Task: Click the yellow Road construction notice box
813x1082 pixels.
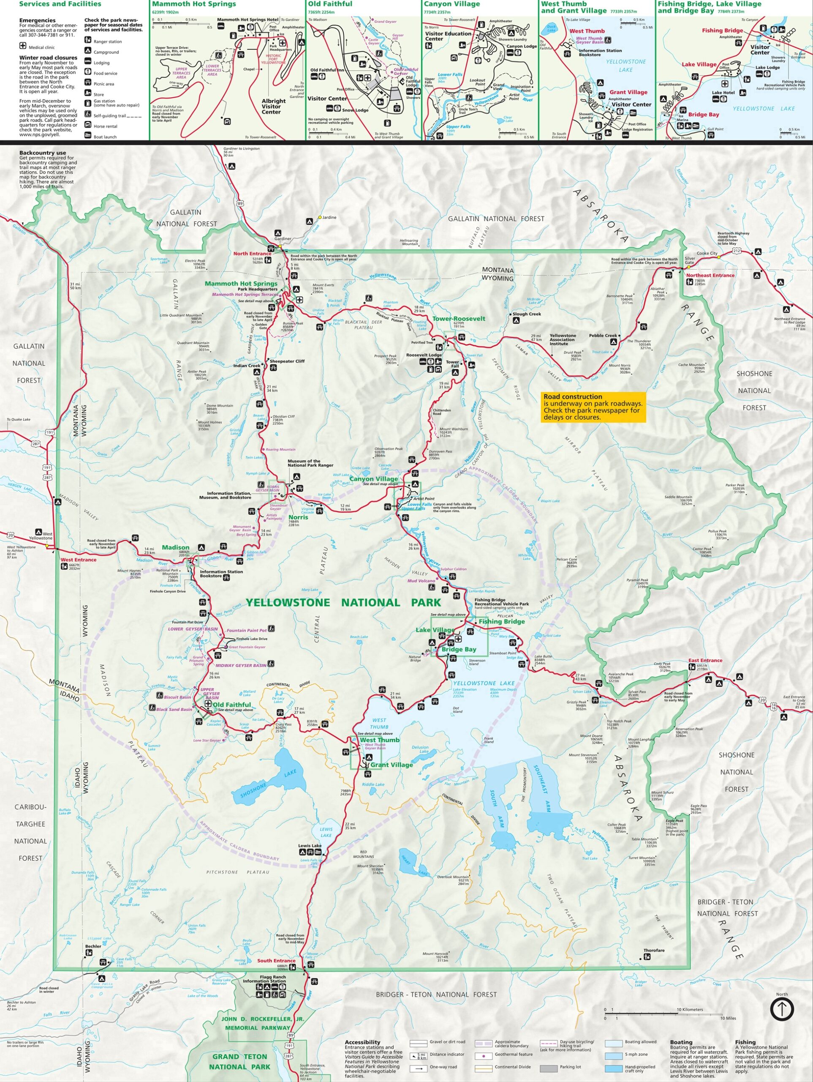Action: (x=594, y=407)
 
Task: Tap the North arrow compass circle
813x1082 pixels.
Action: (x=782, y=1008)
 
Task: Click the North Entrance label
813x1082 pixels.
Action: (x=252, y=253)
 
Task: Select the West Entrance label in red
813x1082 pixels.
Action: (x=78, y=560)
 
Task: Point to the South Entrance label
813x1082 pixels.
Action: (x=276, y=961)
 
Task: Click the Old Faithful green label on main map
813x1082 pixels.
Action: (x=232, y=705)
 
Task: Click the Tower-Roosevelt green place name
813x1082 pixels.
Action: (x=459, y=318)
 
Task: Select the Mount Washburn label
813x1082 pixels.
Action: (x=453, y=429)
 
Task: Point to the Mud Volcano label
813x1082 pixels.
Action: (x=421, y=581)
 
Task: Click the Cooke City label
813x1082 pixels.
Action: (x=707, y=253)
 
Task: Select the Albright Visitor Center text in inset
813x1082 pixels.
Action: (x=273, y=106)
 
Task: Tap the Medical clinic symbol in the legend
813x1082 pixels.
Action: (x=22, y=46)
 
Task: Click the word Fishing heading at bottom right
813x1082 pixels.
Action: (x=745, y=1042)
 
